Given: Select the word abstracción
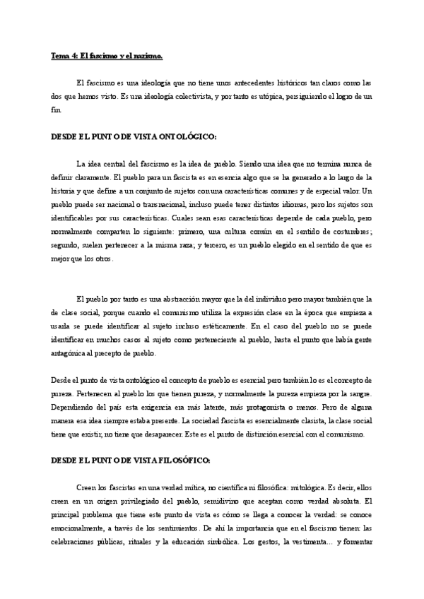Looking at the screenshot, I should [182, 298].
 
